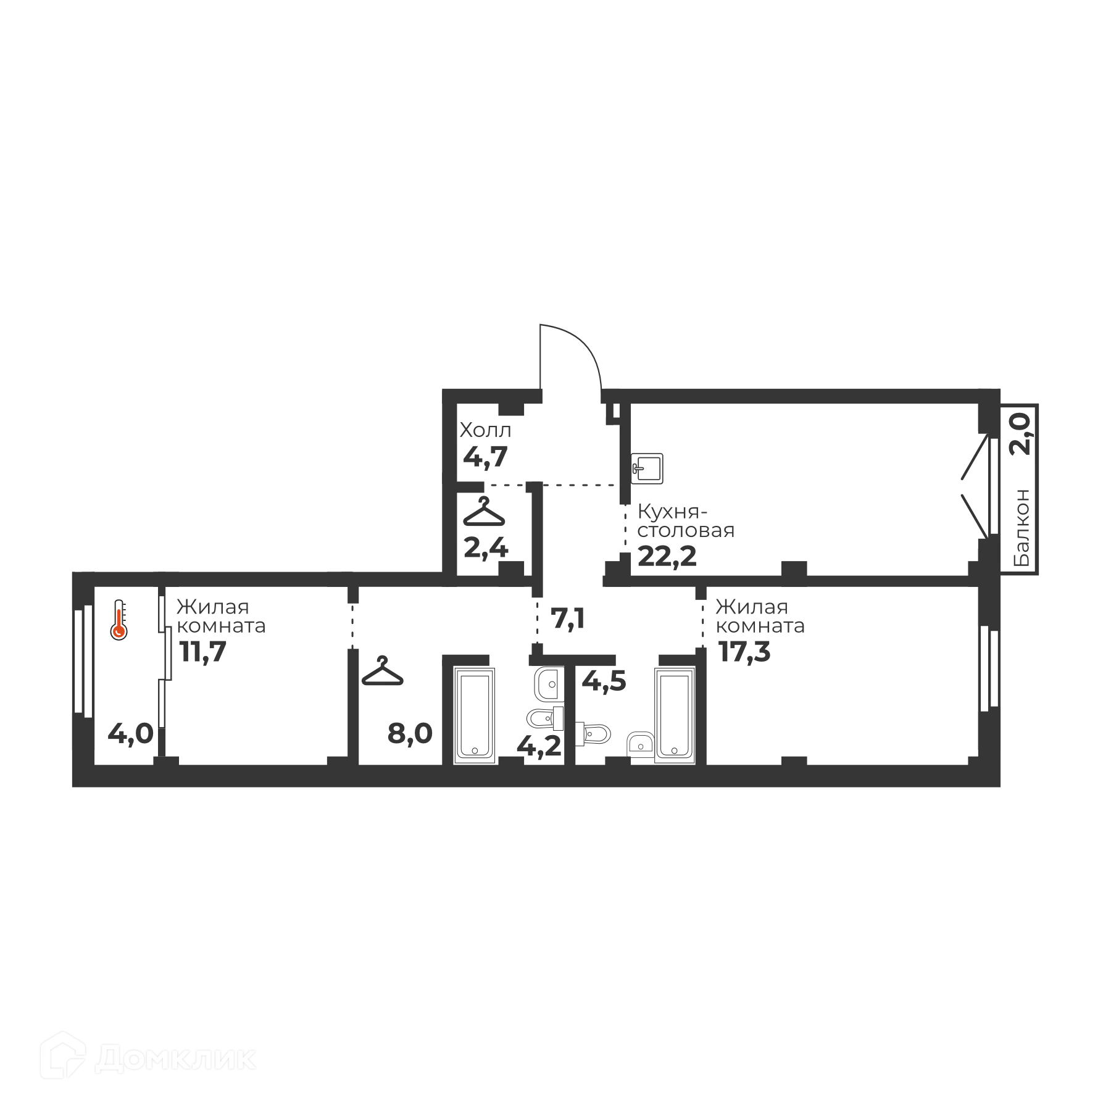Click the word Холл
coord(485,430)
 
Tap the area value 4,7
coord(485,457)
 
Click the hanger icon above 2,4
coord(484,512)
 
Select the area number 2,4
coord(486,547)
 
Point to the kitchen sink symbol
coord(647,468)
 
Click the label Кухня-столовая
coord(686,521)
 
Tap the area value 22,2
coord(667,556)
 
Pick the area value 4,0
coord(130,734)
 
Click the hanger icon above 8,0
coord(382,671)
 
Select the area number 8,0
coord(410,734)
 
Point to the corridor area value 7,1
coord(568,618)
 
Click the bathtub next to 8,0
coord(474,715)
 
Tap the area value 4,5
coord(604,681)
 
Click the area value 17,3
coord(744,651)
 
